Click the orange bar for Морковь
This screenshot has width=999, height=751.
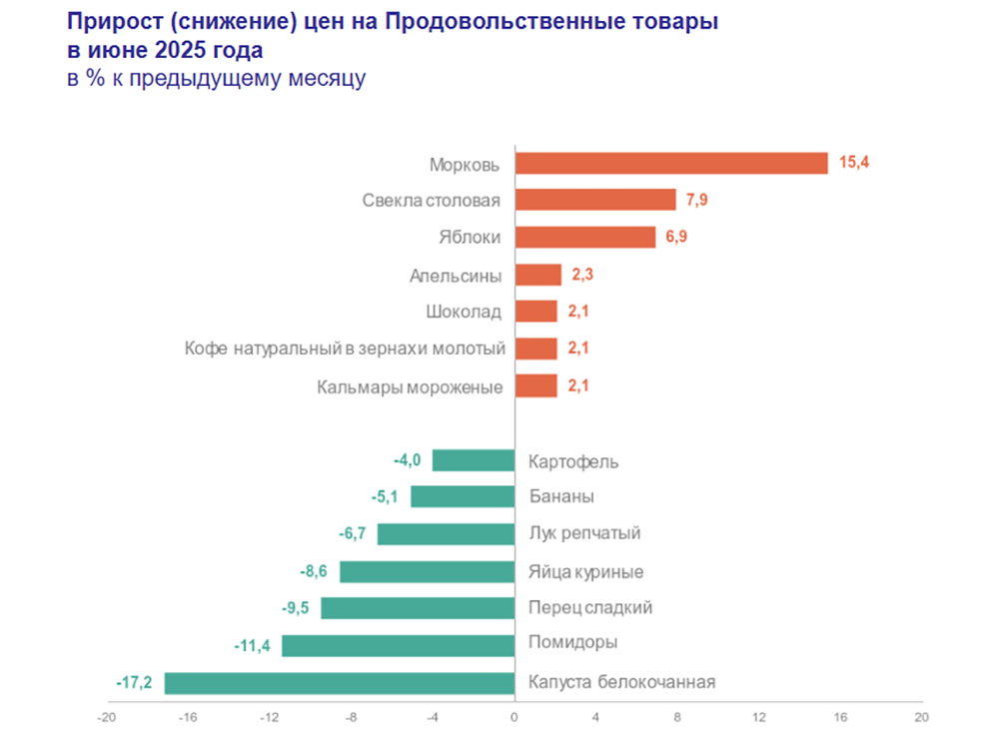coord(671,163)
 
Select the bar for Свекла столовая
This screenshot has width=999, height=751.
coord(595,200)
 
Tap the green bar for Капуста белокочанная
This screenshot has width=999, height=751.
coord(339,683)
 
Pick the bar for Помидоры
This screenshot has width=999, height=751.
coord(398,646)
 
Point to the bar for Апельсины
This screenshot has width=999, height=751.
coord(538,275)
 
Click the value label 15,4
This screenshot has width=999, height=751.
coord(854,162)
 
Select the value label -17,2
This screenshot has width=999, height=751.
coord(134,683)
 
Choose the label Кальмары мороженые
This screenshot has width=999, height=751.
coord(410,386)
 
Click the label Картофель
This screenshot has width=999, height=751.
coord(573,461)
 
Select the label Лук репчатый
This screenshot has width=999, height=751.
coord(583,533)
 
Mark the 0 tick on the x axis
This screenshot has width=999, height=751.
coord(514,717)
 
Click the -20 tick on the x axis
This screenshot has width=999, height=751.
coord(106,717)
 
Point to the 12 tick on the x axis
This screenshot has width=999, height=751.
coord(759,717)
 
